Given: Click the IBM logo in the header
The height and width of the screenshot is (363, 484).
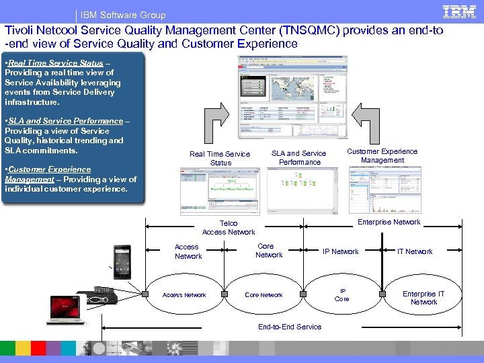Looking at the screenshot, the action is coord(460,11).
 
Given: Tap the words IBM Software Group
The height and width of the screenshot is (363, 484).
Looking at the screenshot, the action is coord(124,15).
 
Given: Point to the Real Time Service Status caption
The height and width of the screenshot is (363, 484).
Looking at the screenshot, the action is coord(220,158).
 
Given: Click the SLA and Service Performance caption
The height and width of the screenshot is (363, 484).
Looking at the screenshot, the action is coord(299,157).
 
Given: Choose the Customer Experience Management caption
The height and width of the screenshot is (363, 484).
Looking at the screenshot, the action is coord(382,155).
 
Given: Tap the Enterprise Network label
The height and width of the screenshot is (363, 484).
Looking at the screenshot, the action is coord(389,222).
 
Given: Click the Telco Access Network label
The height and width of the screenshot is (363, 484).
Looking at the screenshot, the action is coord(229,227).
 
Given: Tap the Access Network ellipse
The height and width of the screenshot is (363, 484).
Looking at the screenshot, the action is coord(184,294).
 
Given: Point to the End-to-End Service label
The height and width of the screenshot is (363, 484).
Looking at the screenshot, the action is coord(290,327).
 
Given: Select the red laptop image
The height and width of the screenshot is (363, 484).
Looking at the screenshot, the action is coord(70,307).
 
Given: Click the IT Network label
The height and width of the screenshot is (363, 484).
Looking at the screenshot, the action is coord(415,251).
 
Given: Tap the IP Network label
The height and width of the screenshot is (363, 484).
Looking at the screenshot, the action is coord(341,251).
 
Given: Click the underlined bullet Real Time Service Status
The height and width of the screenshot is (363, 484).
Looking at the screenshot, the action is coord(56,63).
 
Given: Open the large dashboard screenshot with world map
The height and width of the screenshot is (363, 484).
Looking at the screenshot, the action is coord(294,91).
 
